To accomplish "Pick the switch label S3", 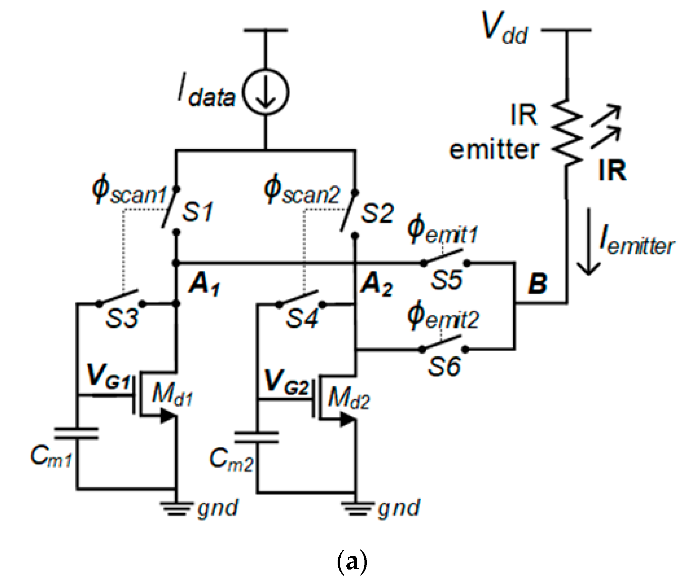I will pos(121,318).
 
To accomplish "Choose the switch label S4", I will pos(301,318).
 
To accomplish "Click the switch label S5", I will pos(446,280).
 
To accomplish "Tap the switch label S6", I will pos(444,366).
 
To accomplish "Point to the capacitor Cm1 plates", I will pos(77,433).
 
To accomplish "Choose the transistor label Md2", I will pos(349,398).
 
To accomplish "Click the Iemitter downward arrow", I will pos(589,242).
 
